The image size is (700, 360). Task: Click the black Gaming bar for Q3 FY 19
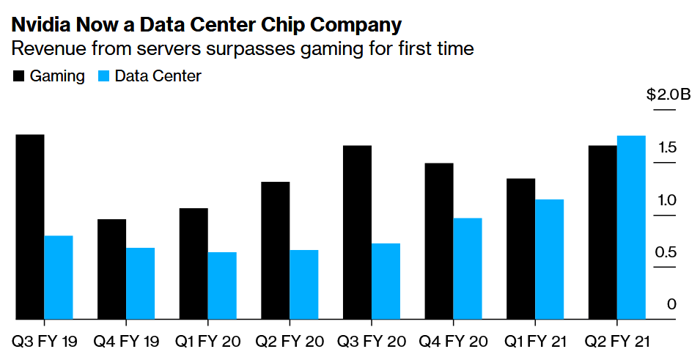pos(30,227)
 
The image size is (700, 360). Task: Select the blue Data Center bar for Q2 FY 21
pos(631,227)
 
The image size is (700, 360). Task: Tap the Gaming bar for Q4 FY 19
pos(111,269)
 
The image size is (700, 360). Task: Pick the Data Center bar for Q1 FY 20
pos(222,286)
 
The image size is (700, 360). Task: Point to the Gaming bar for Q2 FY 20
pos(276,251)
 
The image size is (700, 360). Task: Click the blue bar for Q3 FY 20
pos(386,282)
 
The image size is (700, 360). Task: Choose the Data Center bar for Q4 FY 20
pos(468,269)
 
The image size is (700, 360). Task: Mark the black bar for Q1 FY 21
pos(521,249)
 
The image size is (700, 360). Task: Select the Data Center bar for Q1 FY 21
pos(550,260)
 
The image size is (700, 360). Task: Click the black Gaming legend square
pos(18,76)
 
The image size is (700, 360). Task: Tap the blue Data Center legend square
pos(103,76)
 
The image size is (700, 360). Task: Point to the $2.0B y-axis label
pos(668,95)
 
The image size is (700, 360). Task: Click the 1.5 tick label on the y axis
pos(666,147)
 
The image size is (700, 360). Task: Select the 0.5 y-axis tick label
pos(666,252)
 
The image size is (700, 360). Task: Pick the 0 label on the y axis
pos(672,304)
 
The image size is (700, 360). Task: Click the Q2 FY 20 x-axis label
pos(290,342)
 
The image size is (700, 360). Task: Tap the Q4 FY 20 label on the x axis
pos(453,342)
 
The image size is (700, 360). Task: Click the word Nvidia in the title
pos(41,25)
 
